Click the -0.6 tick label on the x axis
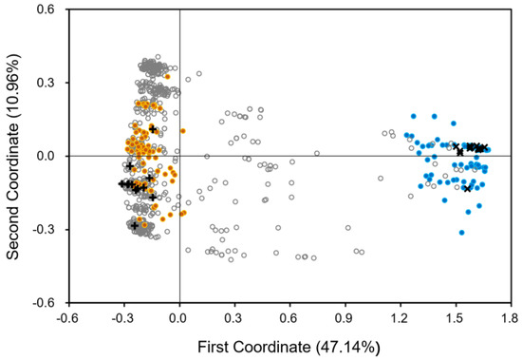(66, 319)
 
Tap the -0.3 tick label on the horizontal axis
(122, 319)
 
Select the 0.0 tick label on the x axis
(179, 319)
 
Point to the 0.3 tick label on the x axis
(235, 319)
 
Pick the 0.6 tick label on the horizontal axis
(290, 319)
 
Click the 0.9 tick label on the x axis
(345, 319)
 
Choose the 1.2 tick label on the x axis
(401, 319)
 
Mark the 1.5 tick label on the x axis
(457, 319)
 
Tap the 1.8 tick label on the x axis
(512, 319)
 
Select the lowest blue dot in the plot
(462, 233)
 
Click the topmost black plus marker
(153, 128)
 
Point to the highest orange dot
(167, 77)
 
